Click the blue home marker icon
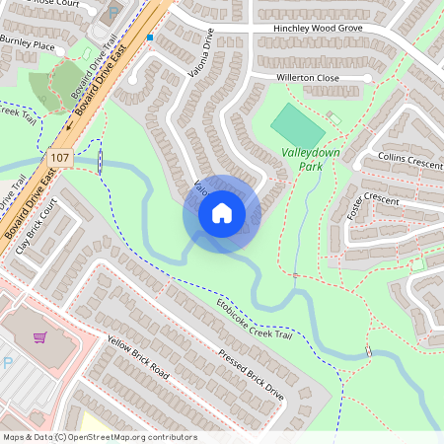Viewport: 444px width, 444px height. [222, 213]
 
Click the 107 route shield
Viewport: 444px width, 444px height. [57, 156]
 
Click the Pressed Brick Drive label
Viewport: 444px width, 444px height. [251, 375]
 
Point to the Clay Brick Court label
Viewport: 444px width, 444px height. [37, 225]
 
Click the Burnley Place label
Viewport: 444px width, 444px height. [27, 45]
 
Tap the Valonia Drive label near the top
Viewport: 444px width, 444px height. [200, 53]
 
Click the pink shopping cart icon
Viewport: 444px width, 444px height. [40, 338]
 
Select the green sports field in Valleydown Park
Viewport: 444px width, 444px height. [296, 124]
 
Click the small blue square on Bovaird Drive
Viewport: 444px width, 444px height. [150, 37]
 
